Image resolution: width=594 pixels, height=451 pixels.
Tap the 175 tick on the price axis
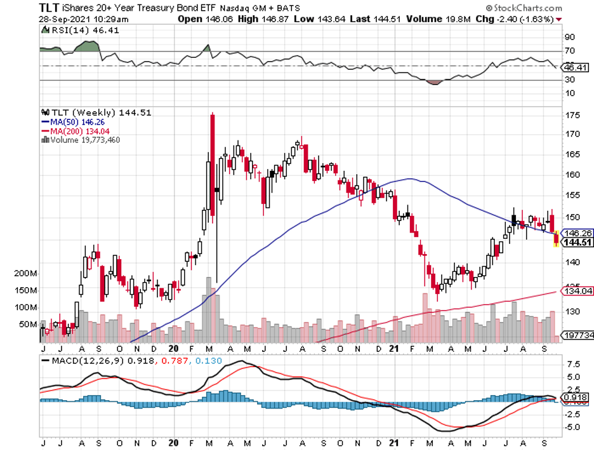tap(572, 116)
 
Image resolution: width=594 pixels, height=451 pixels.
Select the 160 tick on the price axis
tap(572, 175)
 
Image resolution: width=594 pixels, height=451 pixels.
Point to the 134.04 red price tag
tap(576, 292)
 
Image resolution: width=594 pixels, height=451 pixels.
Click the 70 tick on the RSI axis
tap(570, 50)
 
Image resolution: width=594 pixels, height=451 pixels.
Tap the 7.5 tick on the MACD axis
tap(573, 365)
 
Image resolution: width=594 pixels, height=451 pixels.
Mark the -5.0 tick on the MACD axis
tap(573, 427)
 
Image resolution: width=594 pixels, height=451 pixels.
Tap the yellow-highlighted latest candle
tap(557, 239)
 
